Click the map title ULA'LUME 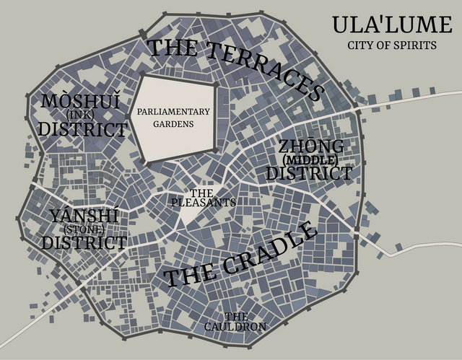pos(391,25)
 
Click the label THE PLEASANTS pos(203,198)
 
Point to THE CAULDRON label pos(235,322)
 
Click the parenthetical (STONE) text pos(84,229)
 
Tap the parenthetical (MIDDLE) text pos(310,159)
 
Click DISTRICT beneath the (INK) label pos(82,129)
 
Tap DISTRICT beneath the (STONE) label pos(84,242)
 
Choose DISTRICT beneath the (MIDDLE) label pos(309,173)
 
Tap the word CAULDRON pos(235,327)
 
